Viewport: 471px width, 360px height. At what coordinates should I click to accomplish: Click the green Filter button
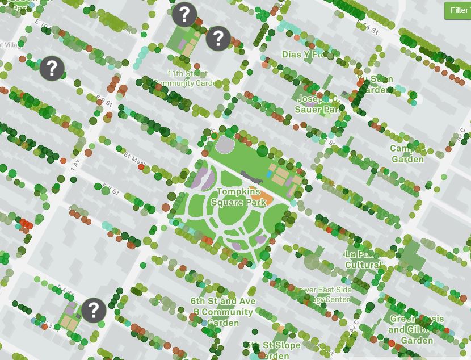coord(458,10)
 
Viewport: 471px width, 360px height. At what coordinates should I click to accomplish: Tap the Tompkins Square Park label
coord(238,197)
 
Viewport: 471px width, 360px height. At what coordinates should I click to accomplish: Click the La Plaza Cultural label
coord(363,259)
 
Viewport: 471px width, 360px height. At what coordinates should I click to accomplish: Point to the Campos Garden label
coord(407,154)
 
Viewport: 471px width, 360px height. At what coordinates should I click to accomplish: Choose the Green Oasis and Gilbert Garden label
coord(417,329)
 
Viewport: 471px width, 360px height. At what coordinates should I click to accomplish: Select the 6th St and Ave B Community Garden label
coord(222,312)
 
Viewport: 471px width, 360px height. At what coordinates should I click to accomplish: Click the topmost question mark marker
coord(184,14)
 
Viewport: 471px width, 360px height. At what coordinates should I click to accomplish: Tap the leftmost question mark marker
coord(52,68)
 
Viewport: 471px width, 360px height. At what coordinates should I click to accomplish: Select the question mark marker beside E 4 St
coord(94,310)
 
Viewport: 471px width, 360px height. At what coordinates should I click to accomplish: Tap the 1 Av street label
coord(74,166)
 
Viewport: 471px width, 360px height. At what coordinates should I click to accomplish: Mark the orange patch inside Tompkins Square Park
coord(264,197)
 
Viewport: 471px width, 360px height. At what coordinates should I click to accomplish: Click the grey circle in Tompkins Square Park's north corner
coord(225,146)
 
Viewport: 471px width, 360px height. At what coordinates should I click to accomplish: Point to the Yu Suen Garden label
coord(375,84)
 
